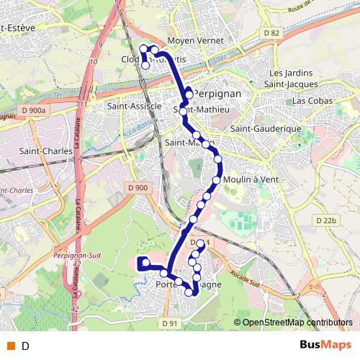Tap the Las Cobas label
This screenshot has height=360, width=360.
312,101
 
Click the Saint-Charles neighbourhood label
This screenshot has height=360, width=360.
40,151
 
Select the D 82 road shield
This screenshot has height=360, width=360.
271,33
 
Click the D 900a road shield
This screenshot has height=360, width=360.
34,109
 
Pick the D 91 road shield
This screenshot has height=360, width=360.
169,323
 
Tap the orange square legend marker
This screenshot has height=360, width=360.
11,346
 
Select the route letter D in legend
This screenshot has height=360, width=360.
26,346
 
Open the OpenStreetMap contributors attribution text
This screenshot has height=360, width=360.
297,323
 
